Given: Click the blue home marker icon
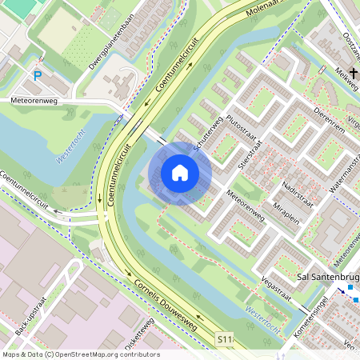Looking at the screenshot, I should (180, 172).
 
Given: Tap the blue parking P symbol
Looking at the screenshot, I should (38, 76).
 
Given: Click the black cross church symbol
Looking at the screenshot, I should (353, 73).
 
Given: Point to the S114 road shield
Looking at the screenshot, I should (228, 340).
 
